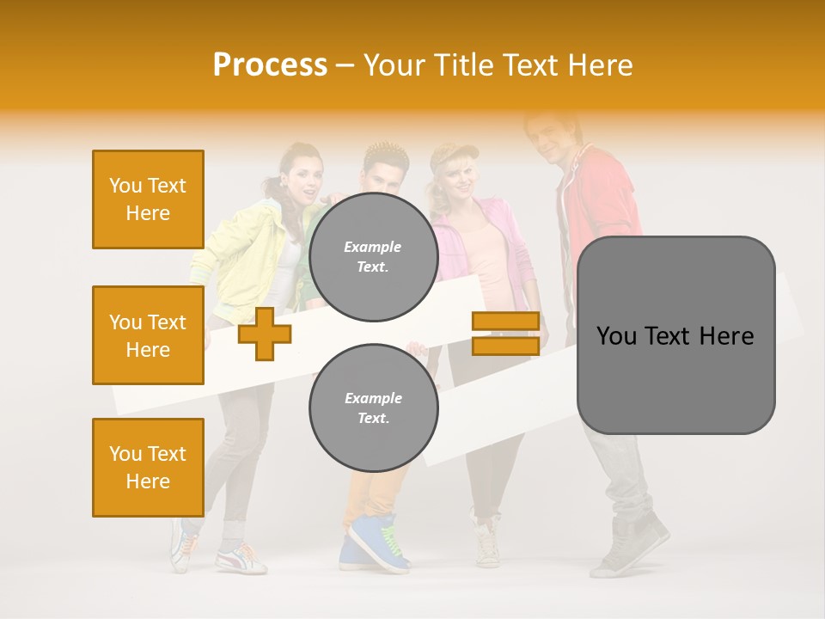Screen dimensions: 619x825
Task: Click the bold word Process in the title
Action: [x=270, y=64]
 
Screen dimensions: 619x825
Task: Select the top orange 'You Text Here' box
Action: [x=148, y=199]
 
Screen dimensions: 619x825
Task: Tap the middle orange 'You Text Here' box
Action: [x=148, y=335]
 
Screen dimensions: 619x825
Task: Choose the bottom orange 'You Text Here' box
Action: [x=148, y=468]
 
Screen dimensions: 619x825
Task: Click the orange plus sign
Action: [x=265, y=334]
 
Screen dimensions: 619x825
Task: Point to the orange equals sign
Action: [x=505, y=334]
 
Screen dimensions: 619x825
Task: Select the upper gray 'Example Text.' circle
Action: [x=373, y=257]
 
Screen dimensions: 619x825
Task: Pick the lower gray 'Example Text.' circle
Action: [x=373, y=408]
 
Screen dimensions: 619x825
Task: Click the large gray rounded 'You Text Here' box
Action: [x=675, y=335]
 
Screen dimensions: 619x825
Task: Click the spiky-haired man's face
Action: [x=380, y=177]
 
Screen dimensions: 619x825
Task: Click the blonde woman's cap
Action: [x=453, y=155]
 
